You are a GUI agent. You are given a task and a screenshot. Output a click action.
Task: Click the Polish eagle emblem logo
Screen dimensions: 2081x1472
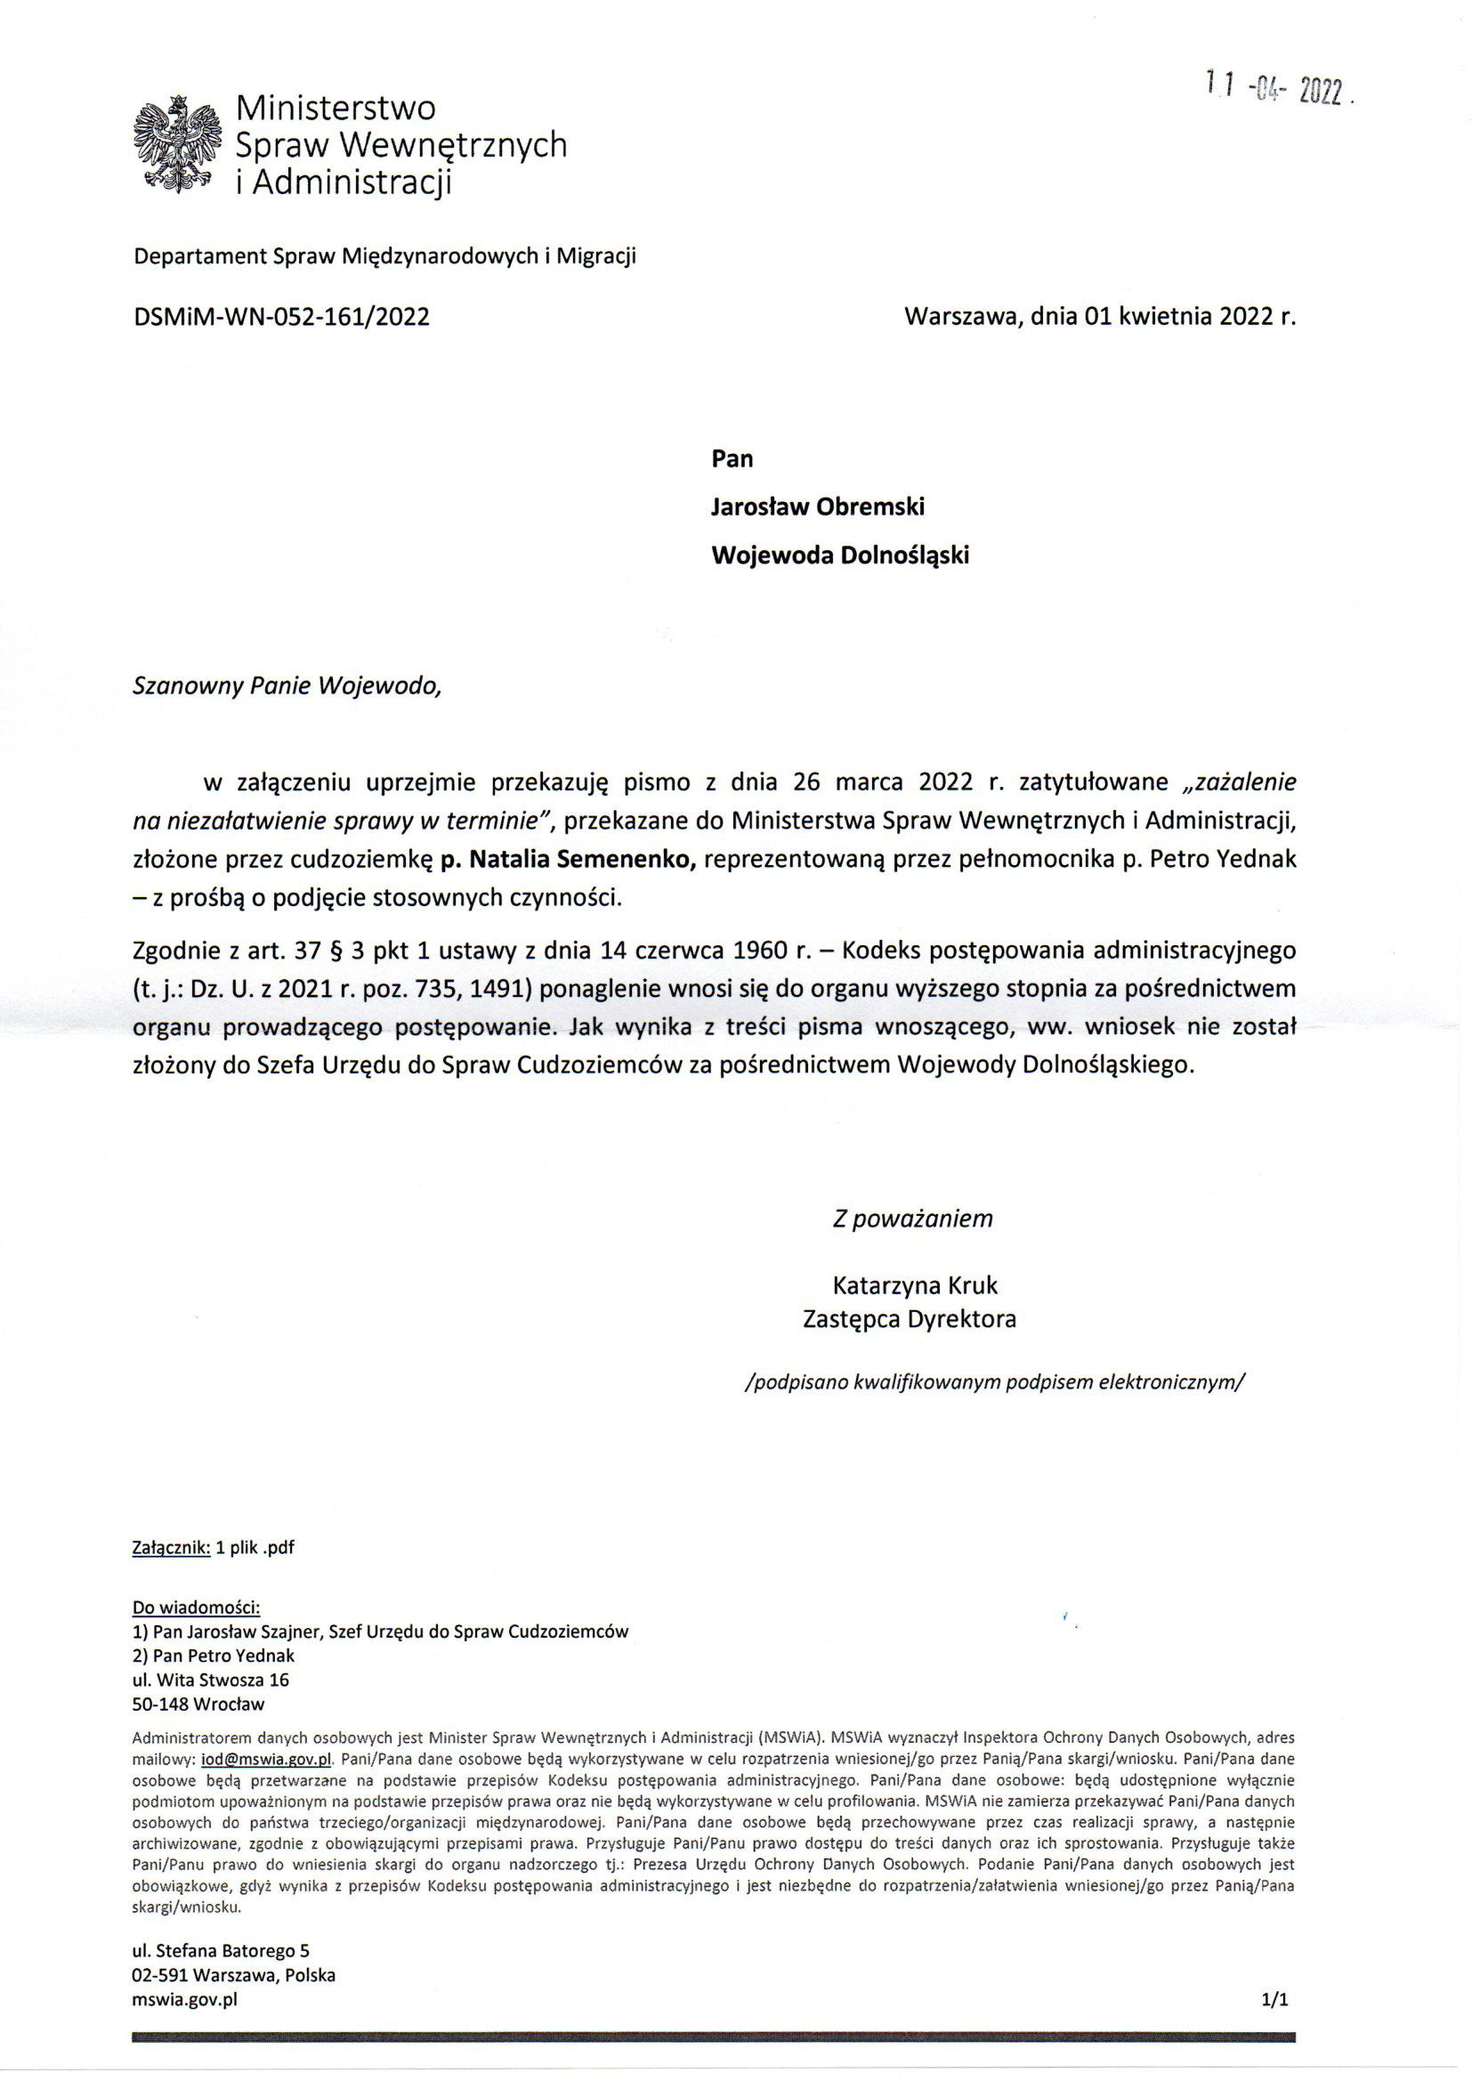pyautogui.click(x=178, y=145)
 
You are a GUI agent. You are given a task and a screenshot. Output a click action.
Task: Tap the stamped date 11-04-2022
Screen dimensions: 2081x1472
pyautogui.click(x=1279, y=90)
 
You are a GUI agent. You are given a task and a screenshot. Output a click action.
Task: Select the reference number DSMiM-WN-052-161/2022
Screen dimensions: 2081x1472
pyautogui.click(x=281, y=316)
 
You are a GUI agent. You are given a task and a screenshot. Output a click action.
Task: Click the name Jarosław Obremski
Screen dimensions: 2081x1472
pyautogui.click(x=817, y=506)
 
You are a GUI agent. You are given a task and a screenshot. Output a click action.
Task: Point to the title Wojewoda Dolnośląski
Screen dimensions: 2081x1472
pyautogui.click(x=839, y=555)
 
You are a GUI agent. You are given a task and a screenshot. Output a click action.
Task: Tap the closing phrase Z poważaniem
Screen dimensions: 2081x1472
pyautogui.click(x=913, y=1219)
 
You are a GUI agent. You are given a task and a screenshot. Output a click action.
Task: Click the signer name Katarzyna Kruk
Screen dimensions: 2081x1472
pyautogui.click(x=915, y=1285)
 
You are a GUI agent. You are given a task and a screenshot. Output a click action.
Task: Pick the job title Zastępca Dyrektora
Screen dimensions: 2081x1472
pyautogui.click(x=910, y=1319)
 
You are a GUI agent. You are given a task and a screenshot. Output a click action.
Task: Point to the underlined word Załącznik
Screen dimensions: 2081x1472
pyautogui.click(x=171, y=1547)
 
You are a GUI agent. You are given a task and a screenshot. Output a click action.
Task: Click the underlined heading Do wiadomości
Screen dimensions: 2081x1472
pyautogui.click(x=197, y=1607)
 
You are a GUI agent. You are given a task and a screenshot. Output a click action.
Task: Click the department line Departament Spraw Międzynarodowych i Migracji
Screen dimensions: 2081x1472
pyautogui.click(x=385, y=256)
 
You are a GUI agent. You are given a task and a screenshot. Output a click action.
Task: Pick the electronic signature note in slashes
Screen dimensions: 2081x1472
pyautogui.click(x=994, y=1381)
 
